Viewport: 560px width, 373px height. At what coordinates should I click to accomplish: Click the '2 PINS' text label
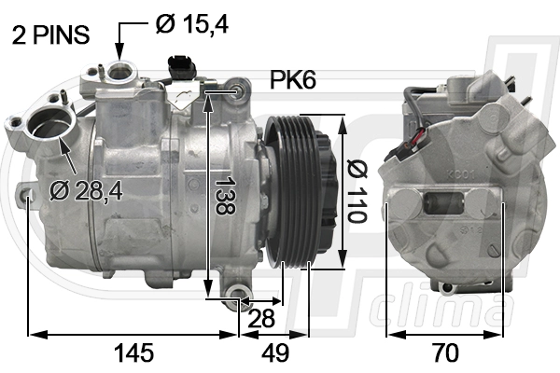[x=50, y=35]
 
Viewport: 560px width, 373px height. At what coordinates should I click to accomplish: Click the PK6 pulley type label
[x=293, y=81]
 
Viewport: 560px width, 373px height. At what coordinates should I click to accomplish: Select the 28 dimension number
[x=261, y=317]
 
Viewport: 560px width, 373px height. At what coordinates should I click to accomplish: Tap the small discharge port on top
[x=119, y=71]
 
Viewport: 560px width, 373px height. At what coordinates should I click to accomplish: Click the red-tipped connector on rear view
[x=417, y=145]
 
